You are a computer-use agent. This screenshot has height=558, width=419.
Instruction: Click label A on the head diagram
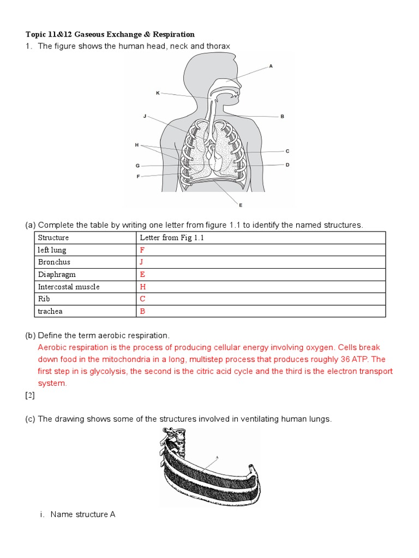(x=271, y=66)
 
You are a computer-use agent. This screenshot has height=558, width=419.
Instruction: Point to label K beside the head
(x=158, y=93)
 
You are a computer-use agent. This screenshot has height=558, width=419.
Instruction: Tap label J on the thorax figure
(x=145, y=116)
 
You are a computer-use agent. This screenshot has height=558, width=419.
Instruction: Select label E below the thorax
(x=240, y=205)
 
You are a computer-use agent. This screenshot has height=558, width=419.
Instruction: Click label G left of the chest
(x=137, y=165)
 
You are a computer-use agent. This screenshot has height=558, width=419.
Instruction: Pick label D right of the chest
(x=288, y=165)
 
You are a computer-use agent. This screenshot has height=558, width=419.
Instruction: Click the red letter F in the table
(x=142, y=250)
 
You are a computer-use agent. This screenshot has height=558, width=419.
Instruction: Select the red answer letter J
(x=142, y=263)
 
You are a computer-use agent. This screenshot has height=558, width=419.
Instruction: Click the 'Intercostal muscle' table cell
(x=69, y=287)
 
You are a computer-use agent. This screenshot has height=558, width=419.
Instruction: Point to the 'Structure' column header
(x=53, y=238)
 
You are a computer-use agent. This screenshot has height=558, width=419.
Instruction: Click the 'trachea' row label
(x=50, y=312)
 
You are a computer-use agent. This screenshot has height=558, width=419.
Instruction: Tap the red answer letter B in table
(x=142, y=312)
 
